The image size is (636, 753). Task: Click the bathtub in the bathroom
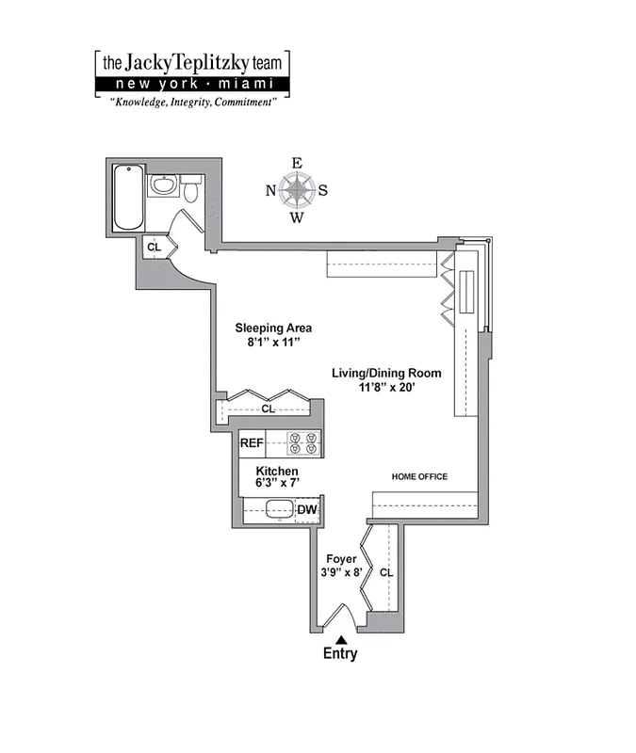(128, 198)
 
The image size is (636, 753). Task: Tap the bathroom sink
(163, 184)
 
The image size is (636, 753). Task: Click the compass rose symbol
(297, 191)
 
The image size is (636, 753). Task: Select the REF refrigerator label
(251, 442)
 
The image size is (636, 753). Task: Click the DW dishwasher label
(307, 510)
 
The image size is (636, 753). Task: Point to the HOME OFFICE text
(419, 477)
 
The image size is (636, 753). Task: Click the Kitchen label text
(276, 471)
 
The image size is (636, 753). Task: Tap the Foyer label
(341, 558)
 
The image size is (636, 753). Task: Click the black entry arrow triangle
(341, 639)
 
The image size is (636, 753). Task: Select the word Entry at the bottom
(340, 654)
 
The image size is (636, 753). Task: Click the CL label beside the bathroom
(155, 247)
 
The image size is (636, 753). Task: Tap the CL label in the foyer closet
(386, 571)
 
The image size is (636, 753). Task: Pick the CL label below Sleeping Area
(268, 409)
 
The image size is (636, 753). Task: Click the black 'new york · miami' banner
(191, 85)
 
